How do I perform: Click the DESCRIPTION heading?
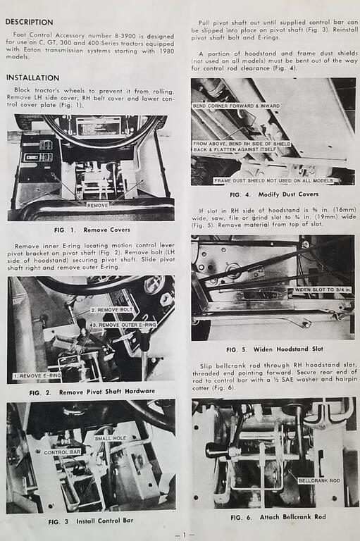coord(30,22)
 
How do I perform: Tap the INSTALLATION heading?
coord(33,78)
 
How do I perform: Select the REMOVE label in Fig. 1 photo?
coord(98,205)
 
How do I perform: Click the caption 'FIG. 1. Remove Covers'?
coord(92,230)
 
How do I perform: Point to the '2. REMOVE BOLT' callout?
coord(112,310)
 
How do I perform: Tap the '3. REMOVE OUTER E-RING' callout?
coord(124,325)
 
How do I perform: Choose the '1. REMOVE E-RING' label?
coord(37,375)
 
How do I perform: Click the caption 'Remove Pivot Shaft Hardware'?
coord(107,392)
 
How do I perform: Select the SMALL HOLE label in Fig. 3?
coord(111,438)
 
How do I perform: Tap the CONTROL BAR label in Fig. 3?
coord(62,452)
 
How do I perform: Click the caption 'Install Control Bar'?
coord(104,521)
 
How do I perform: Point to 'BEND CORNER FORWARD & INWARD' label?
coord(236,106)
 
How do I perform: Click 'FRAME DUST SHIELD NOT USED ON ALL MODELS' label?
coord(273,180)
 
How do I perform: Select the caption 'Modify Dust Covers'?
coord(288,194)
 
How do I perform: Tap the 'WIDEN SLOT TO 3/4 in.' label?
coord(323,290)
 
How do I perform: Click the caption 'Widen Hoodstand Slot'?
coord(288,349)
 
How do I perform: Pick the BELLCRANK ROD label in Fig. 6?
coord(319,480)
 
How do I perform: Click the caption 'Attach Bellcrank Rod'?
coord(292,517)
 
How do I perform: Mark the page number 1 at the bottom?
coord(185,535)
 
